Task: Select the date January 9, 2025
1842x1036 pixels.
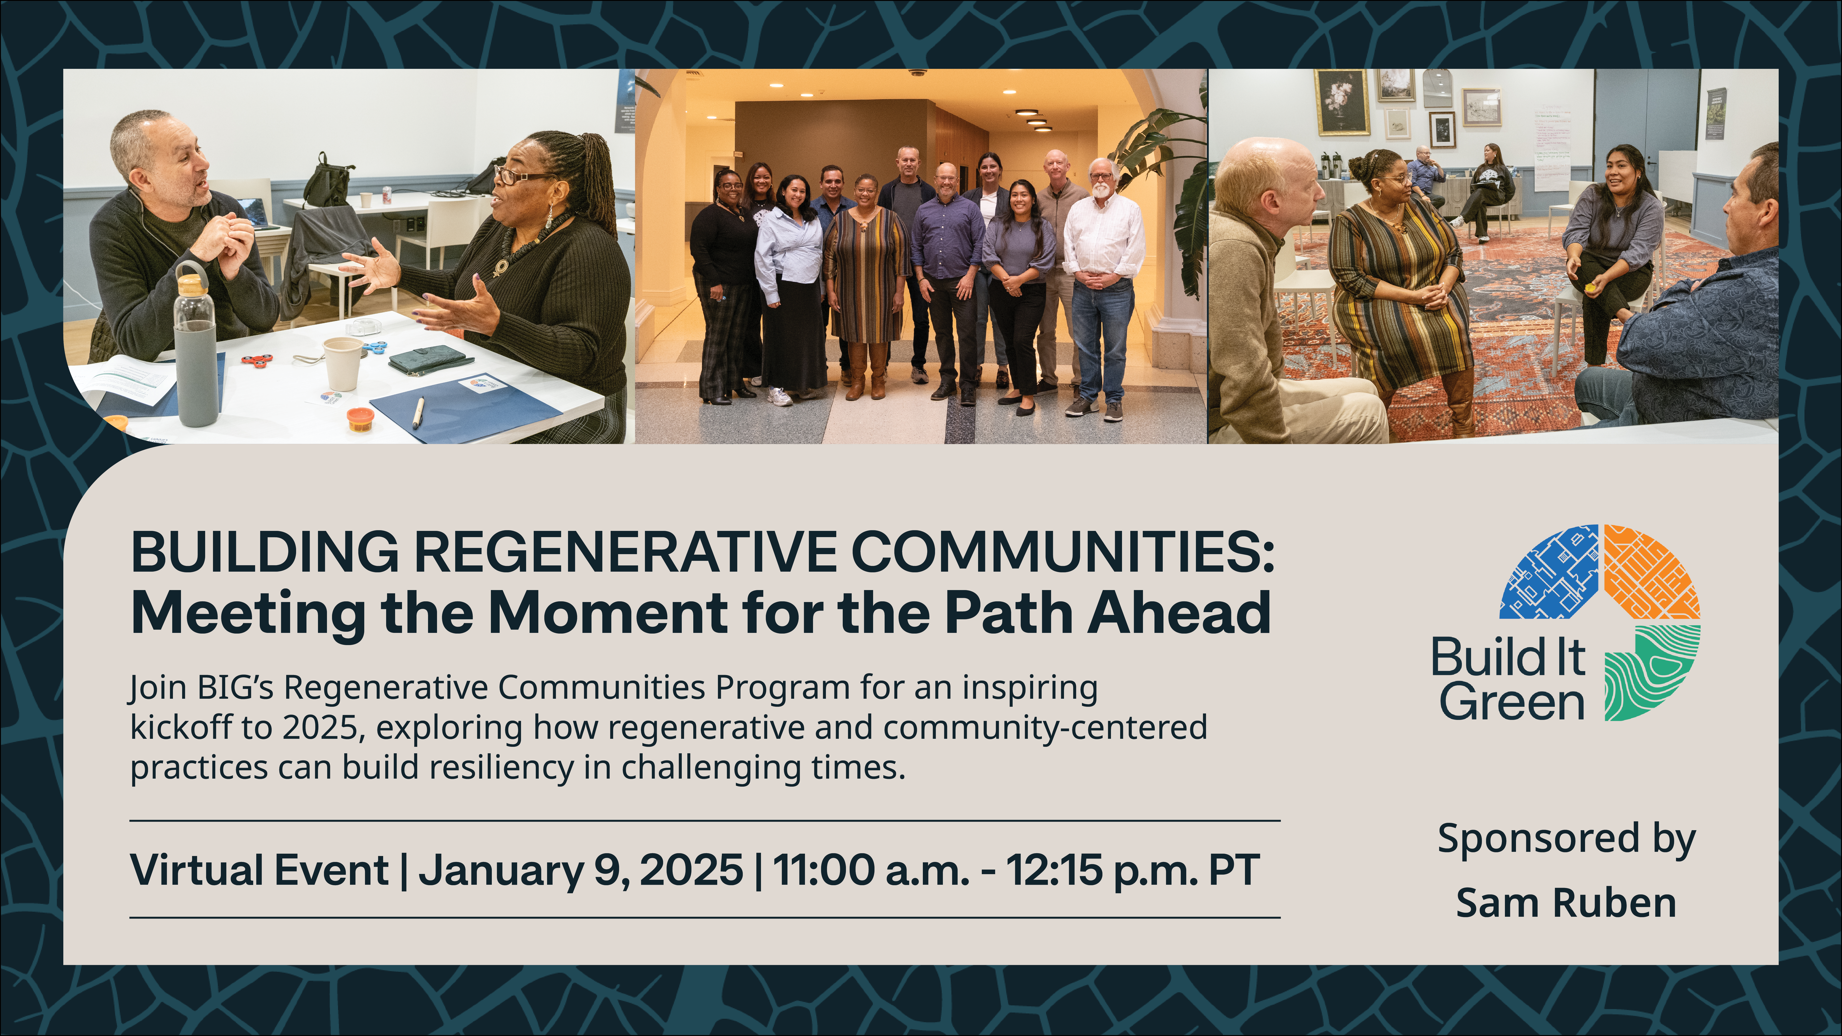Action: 581,871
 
